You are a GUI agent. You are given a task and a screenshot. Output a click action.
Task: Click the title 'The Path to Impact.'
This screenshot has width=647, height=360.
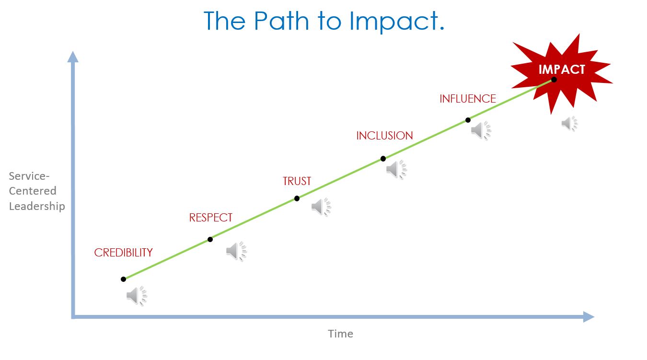pos(324,21)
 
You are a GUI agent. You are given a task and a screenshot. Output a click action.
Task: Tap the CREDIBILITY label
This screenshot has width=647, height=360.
pos(123,253)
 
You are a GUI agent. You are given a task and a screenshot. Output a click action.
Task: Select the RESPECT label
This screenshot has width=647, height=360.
pos(210,218)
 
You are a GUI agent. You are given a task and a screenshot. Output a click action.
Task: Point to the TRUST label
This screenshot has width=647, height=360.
pos(297,181)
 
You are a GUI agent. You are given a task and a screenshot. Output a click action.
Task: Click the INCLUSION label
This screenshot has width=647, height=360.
pos(384,136)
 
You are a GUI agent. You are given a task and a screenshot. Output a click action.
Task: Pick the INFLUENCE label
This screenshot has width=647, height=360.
pos(468,99)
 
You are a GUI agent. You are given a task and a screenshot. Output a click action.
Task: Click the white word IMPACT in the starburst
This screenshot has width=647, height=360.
pos(562,70)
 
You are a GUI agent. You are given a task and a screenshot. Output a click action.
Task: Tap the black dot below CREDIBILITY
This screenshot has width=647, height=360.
pos(123,279)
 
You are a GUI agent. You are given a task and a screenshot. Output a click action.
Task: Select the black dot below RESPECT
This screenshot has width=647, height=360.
pos(210,239)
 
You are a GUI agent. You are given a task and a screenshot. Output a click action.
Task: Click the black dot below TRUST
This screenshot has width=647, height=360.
pos(297,198)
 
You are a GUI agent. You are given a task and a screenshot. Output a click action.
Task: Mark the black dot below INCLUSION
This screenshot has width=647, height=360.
pos(383,159)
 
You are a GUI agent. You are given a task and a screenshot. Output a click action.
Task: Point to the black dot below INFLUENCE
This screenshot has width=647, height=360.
pos(468,120)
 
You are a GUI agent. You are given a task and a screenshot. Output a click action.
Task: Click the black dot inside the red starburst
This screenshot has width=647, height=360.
pos(554,80)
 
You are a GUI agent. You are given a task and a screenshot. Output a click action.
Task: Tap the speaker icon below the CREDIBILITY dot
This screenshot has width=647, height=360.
pos(137,296)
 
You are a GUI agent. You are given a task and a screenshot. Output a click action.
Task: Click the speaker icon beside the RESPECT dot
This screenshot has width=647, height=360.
pos(236,251)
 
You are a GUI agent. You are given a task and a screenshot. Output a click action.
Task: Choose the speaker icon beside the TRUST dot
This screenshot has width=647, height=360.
pos(321,207)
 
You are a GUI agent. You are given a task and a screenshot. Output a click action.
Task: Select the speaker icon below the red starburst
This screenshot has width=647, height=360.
pos(569,123)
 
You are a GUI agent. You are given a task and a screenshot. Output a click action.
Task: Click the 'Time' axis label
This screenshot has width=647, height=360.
pos(340,334)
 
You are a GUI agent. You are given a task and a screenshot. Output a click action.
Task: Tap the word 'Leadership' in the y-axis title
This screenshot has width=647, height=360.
pos(37,206)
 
